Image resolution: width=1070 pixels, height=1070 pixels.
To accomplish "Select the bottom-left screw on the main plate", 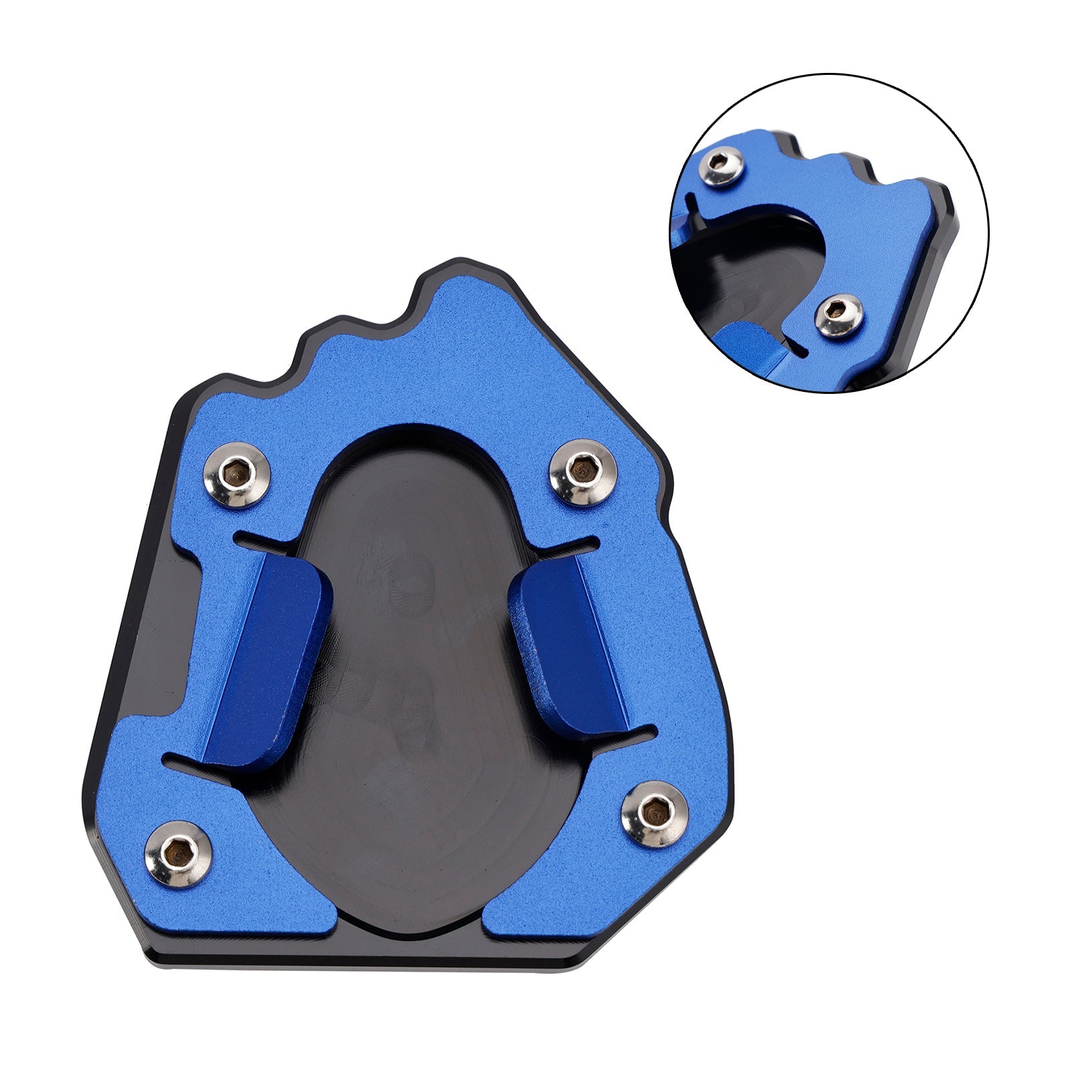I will click(179, 853).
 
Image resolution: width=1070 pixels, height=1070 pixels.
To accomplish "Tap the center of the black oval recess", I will click(421, 669).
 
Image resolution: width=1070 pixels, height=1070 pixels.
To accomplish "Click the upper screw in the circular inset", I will click(722, 166).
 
